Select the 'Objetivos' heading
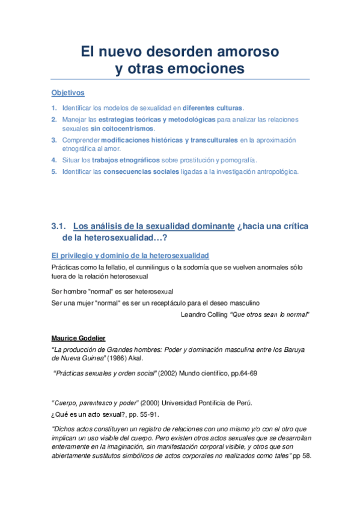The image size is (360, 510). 68,93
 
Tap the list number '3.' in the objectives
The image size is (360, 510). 54,140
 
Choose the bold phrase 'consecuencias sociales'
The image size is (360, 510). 141,171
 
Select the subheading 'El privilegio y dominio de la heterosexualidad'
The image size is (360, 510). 130,255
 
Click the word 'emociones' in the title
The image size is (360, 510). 211,69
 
